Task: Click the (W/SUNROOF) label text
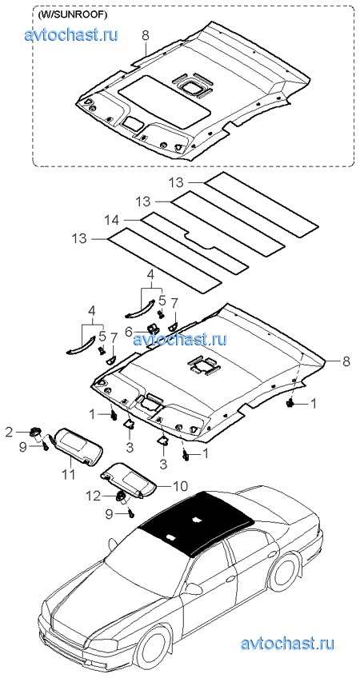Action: [x=72, y=14]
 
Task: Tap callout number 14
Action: [x=112, y=220]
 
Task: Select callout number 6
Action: [x=128, y=331]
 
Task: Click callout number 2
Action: [x=9, y=431]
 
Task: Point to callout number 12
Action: [x=94, y=495]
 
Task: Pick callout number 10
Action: [x=181, y=485]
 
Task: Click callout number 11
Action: [x=68, y=475]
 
